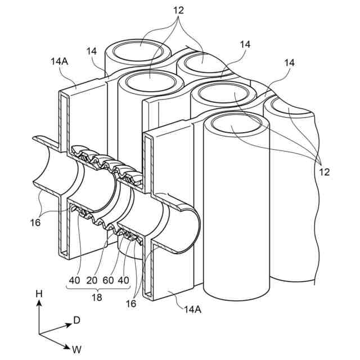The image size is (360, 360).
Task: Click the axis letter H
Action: point(39,293)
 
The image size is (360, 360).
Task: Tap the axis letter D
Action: point(76,320)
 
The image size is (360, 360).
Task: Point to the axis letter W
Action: point(76,349)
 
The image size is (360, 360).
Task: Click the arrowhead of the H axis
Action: point(39,303)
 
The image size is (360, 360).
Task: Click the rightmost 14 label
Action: point(290,64)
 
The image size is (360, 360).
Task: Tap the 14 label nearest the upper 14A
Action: point(92,51)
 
